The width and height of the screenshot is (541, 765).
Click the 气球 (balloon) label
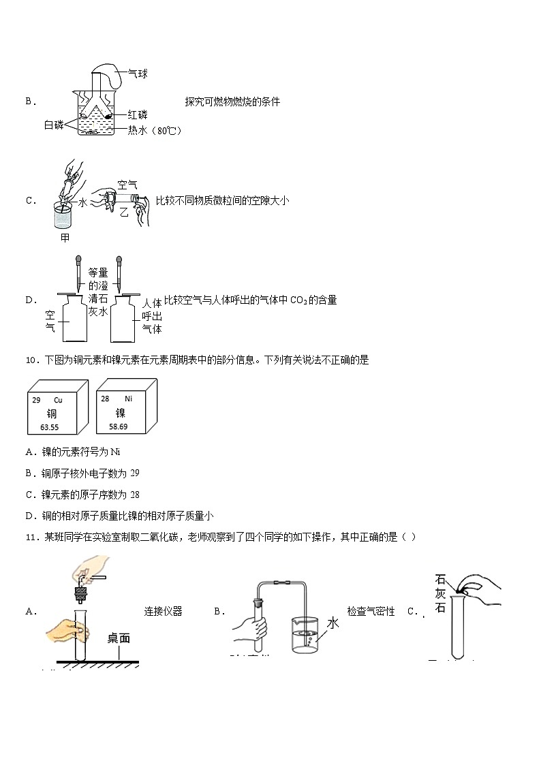(138, 74)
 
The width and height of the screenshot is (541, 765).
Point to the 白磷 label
(54, 124)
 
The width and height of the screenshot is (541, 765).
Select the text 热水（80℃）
(155, 130)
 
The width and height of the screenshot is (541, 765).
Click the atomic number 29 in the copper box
(36, 400)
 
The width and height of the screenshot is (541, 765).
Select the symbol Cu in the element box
(57, 400)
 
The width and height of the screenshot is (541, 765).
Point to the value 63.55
(50, 427)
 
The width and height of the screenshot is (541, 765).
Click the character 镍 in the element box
(120, 413)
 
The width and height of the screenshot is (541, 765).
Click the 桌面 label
(118, 638)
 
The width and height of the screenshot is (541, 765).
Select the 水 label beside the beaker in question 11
(333, 623)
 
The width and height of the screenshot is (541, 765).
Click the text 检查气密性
(371, 612)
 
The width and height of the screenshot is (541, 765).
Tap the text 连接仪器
(163, 612)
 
